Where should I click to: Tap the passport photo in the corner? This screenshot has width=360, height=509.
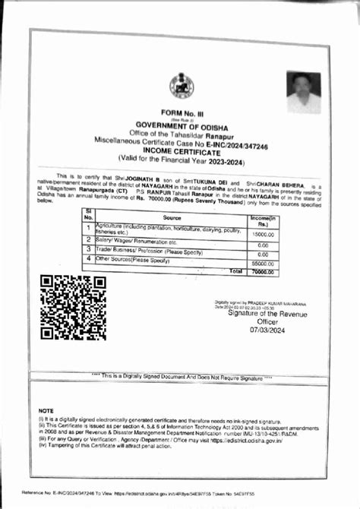(304, 92)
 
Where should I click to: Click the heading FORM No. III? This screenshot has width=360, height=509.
(179, 112)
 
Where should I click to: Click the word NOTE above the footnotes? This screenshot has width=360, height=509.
(46, 410)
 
